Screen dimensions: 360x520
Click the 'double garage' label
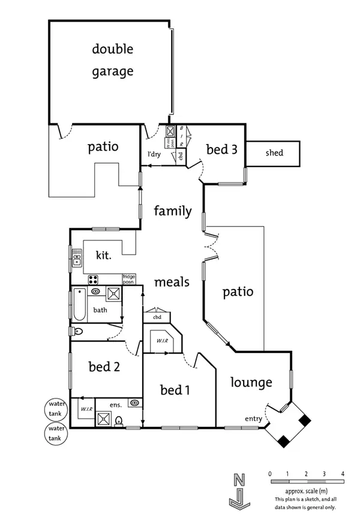pos(112,60)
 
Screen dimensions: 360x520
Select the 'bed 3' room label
pos(221,149)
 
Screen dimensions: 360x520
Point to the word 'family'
pos(172,211)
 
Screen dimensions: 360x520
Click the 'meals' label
pos(172,282)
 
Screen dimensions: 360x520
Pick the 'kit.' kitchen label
pos(103,255)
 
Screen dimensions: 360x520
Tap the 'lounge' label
pos(251,382)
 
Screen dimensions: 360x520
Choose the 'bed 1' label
pos(175,390)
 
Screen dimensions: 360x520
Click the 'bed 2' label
pos(104,367)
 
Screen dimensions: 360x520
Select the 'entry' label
pos(253,419)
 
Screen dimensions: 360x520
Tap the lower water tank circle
pos(57,434)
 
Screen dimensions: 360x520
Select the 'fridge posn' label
pos(129,279)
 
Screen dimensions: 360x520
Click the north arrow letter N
pos(239,479)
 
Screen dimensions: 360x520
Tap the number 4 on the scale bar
pos(342,474)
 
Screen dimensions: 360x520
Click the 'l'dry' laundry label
pos(154,154)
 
